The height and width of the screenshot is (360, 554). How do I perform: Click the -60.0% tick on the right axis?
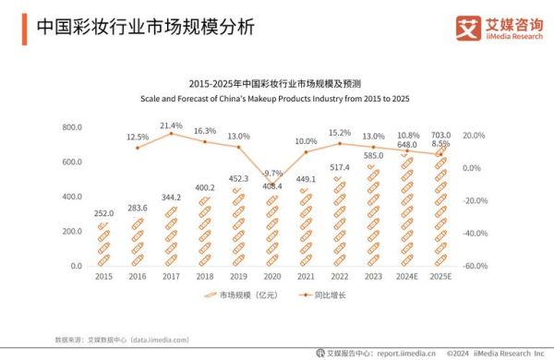(475, 266)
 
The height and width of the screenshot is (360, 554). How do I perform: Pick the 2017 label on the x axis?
(171, 276)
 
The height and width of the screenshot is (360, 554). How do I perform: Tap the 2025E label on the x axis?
(440, 276)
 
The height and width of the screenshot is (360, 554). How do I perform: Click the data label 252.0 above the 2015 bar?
(103, 212)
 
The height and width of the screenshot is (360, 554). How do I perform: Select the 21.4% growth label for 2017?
(171, 126)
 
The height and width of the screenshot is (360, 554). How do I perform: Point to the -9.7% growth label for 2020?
(271, 173)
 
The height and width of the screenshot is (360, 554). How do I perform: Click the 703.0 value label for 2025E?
(440, 135)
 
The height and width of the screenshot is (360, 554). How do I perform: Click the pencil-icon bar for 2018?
(204, 232)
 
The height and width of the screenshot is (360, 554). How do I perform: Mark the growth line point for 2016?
(138, 148)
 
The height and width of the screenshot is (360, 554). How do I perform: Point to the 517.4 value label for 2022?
(339, 166)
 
